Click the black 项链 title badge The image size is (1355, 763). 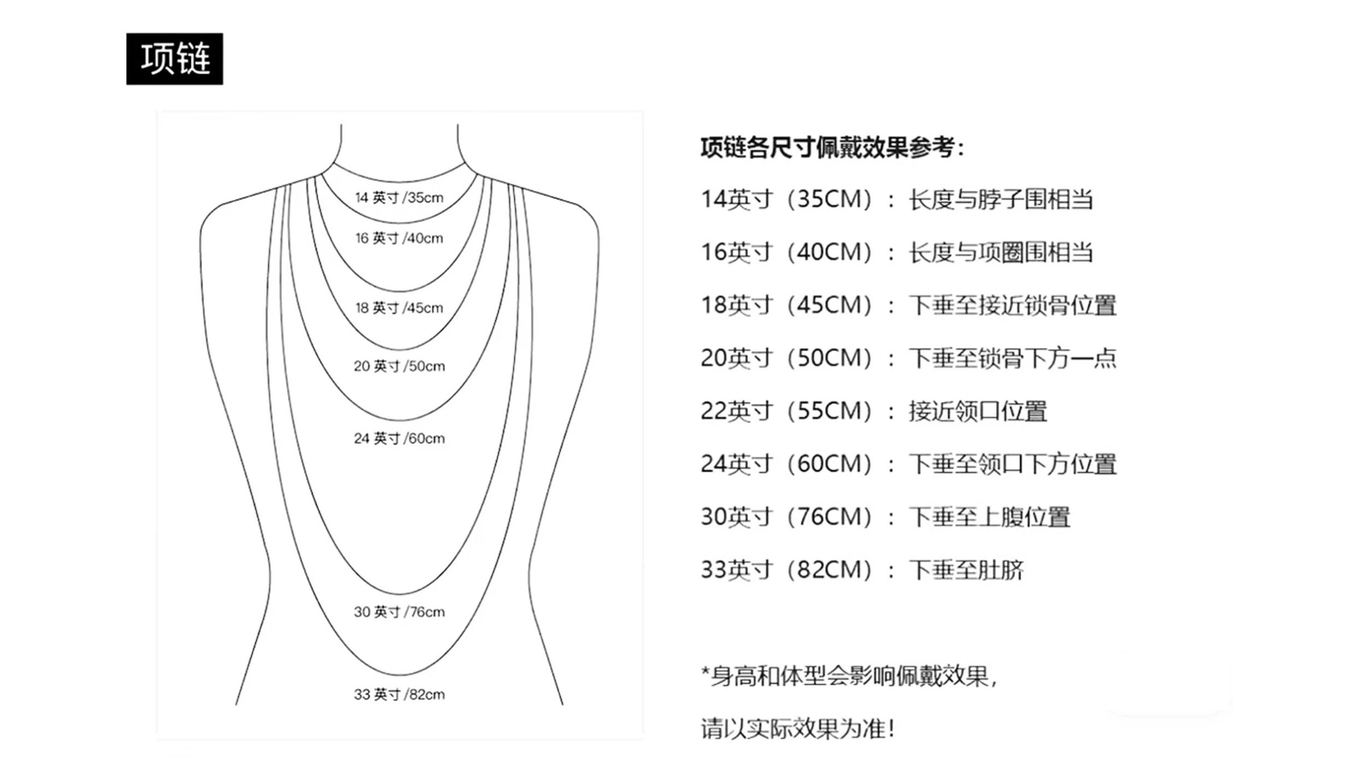[174, 59]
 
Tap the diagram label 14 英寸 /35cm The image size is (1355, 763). [399, 198]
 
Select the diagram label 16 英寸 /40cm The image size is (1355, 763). [399, 238]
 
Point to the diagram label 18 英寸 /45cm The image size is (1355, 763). [399, 308]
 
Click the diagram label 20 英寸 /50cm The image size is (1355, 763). [399, 366]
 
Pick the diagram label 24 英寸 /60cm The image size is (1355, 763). [399, 438]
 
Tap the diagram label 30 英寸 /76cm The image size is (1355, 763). [399, 612]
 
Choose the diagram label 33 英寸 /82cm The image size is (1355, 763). [399, 695]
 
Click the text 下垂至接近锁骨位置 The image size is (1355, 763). [1012, 306]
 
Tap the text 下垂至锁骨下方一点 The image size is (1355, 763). [1012, 359]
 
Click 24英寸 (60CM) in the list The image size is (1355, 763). [787, 464]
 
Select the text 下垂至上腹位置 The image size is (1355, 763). [989, 517]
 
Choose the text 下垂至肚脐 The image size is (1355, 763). [966, 570]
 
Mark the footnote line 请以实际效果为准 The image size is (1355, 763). [798, 729]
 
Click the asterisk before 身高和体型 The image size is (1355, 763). [705, 672]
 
